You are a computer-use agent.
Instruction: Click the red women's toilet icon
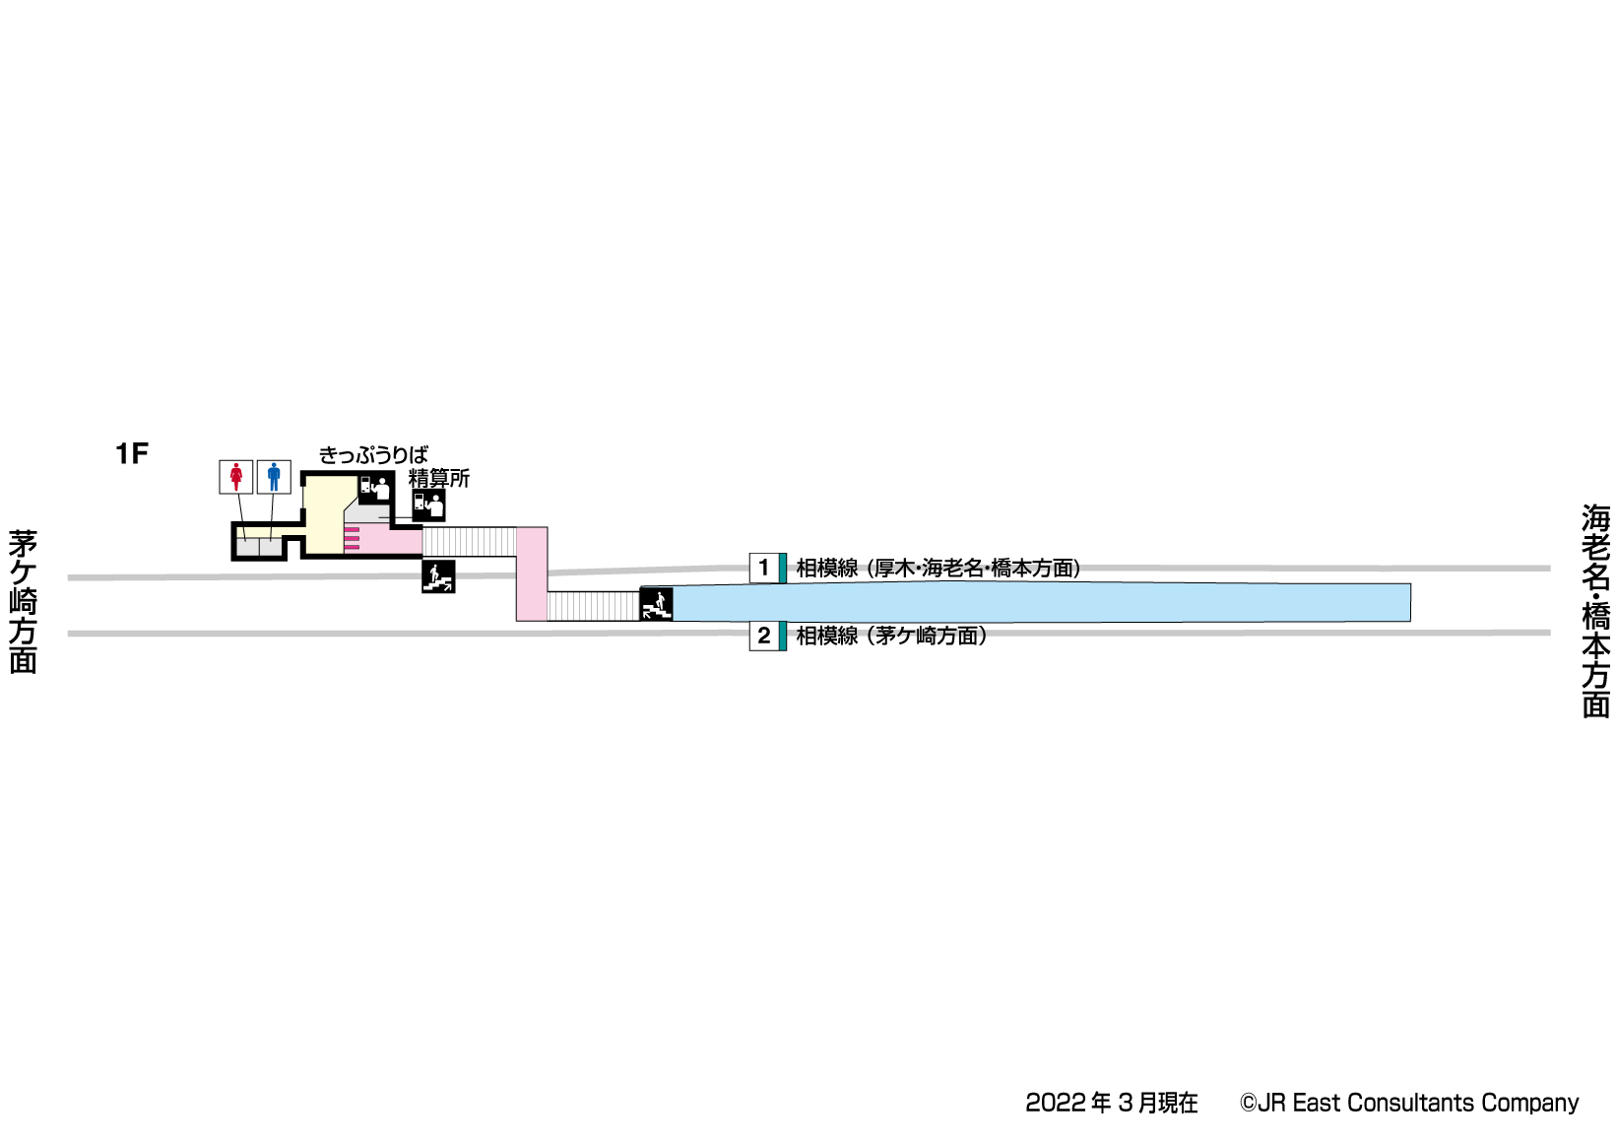(235, 477)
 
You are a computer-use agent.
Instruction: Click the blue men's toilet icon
(274, 477)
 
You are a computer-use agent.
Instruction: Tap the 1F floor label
(131, 453)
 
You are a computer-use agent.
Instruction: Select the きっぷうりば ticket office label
(373, 455)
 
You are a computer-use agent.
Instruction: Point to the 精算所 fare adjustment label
(439, 478)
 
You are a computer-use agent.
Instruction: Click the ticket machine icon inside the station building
(375, 487)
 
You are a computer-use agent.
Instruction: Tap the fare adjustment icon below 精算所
(428, 505)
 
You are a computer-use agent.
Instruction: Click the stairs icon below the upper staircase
(438, 575)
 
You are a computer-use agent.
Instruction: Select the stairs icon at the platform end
(656, 603)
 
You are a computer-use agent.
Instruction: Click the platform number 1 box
(764, 568)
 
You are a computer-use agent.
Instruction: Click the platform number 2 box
(764, 636)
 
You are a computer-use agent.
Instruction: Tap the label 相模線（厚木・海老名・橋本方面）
(938, 568)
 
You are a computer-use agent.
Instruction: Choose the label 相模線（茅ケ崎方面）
(891, 636)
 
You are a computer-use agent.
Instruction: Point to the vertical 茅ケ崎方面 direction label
(23, 601)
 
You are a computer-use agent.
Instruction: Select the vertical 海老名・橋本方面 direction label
(1594, 611)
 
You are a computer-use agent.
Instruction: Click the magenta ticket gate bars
(352, 539)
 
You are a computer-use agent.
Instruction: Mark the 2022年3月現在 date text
(1112, 1103)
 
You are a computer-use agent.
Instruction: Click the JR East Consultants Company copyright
(1409, 1103)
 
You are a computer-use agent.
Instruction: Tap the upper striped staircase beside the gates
(469, 541)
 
